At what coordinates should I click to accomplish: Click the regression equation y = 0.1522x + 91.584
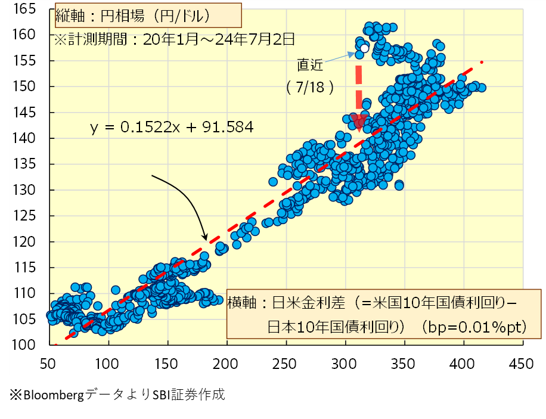coord(172,127)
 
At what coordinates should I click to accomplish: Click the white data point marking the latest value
coord(364,48)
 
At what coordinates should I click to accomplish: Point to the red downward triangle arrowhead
coord(359,122)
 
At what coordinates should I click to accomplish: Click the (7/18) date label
coord(309,87)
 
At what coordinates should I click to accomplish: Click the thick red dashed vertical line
coord(359,89)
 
